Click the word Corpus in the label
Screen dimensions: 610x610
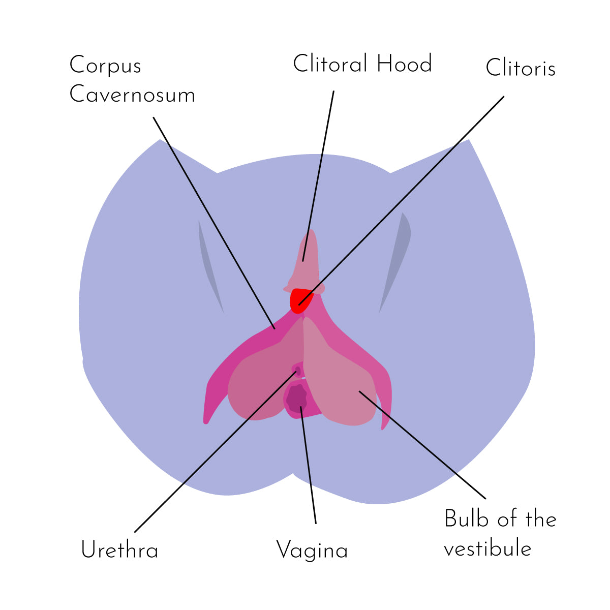point(105,66)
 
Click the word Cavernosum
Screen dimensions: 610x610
point(132,95)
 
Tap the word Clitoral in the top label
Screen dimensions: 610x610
point(330,64)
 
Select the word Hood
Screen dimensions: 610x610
point(404,64)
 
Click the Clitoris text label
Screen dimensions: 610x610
point(520,68)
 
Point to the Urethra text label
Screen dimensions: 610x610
point(119,550)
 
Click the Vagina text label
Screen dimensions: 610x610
point(312,550)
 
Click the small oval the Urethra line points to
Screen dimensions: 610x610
point(298,371)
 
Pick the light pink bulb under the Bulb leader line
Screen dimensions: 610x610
point(341,376)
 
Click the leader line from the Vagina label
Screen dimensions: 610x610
point(308,463)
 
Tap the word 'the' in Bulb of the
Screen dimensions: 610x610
point(541,519)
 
